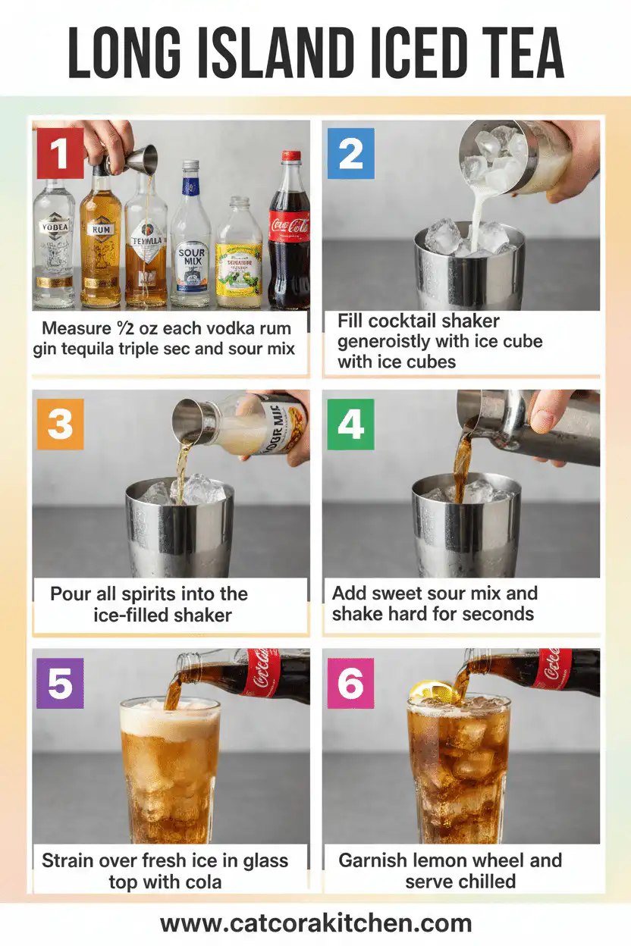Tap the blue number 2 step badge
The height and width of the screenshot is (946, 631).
click(350, 153)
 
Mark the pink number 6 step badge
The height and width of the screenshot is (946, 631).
click(350, 683)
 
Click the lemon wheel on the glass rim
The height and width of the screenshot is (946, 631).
click(429, 691)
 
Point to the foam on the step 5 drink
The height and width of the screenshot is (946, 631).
click(170, 719)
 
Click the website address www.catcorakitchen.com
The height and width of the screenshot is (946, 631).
click(315, 923)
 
